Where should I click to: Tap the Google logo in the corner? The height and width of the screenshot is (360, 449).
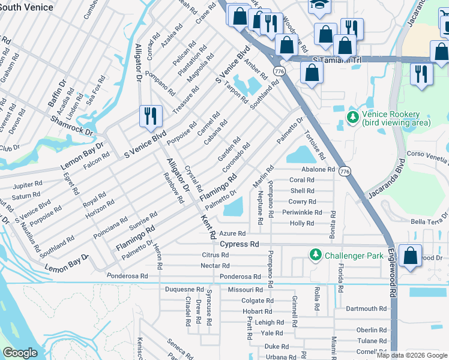(x=20, y=353)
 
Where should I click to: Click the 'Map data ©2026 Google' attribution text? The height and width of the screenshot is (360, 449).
(x=411, y=355)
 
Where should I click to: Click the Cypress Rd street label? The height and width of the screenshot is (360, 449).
(x=239, y=244)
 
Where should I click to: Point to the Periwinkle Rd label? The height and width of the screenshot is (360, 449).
(x=302, y=212)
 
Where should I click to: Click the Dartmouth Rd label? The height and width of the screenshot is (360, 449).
(x=366, y=308)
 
